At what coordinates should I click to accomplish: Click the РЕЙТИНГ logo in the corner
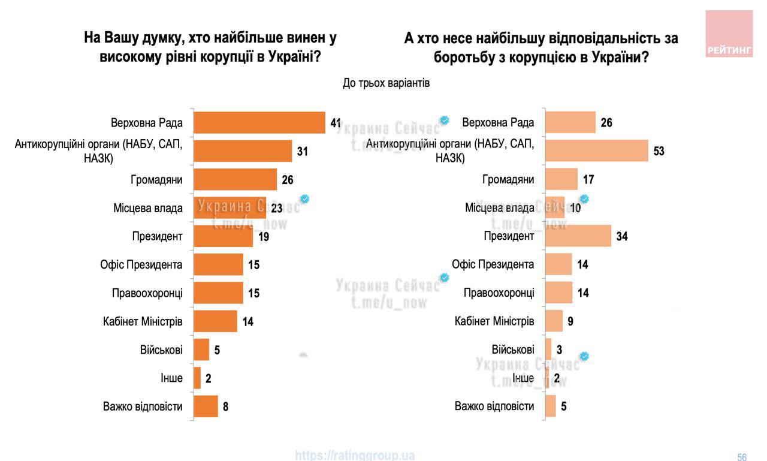[729, 34]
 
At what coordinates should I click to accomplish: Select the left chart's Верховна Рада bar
[259, 123]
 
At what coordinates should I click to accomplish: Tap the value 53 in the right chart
[659, 151]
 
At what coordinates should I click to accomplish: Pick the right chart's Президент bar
[578, 236]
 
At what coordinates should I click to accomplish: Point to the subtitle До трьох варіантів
[386, 83]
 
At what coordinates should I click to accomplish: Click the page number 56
[742, 457]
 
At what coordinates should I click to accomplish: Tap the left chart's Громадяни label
[156, 179]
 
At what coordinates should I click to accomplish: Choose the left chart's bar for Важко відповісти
[206, 406]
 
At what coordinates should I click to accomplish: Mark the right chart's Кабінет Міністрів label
[494, 321]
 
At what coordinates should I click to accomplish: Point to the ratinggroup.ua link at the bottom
[355, 456]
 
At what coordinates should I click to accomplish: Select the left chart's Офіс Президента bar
[218, 264]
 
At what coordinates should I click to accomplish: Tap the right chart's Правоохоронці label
[499, 293]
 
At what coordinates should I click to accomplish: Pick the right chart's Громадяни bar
[561, 179]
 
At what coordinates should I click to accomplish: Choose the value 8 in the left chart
[226, 406]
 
